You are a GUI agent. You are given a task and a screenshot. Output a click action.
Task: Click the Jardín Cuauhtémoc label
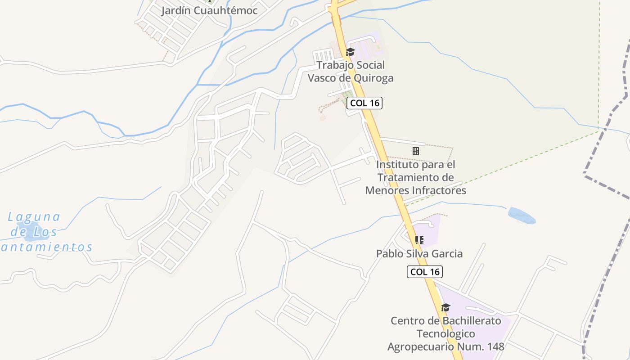point(209,10)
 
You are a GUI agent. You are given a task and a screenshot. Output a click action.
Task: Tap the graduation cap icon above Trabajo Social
point(350,52)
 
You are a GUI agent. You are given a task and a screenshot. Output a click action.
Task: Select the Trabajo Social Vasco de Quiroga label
point(350,71)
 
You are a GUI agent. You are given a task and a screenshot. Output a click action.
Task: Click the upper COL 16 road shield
point(364,103)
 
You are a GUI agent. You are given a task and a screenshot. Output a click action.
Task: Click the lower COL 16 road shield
point(425,272)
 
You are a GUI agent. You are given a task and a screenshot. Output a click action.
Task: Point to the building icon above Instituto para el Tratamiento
point(416,151)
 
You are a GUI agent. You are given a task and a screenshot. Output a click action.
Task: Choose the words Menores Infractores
point(415,190)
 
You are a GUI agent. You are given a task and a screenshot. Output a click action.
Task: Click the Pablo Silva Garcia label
point(419,253)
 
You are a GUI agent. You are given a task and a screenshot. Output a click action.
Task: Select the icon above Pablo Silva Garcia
point(419,240)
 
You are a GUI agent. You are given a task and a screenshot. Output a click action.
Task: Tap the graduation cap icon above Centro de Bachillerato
point(445,307)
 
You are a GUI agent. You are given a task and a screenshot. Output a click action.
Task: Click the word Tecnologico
point(445,334)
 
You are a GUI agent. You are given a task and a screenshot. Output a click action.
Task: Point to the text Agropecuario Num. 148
point(445,346)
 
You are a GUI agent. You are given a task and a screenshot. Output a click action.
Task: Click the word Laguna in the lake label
point(34,217)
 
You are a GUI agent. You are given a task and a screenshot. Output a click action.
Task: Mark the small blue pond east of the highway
point(522,216)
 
